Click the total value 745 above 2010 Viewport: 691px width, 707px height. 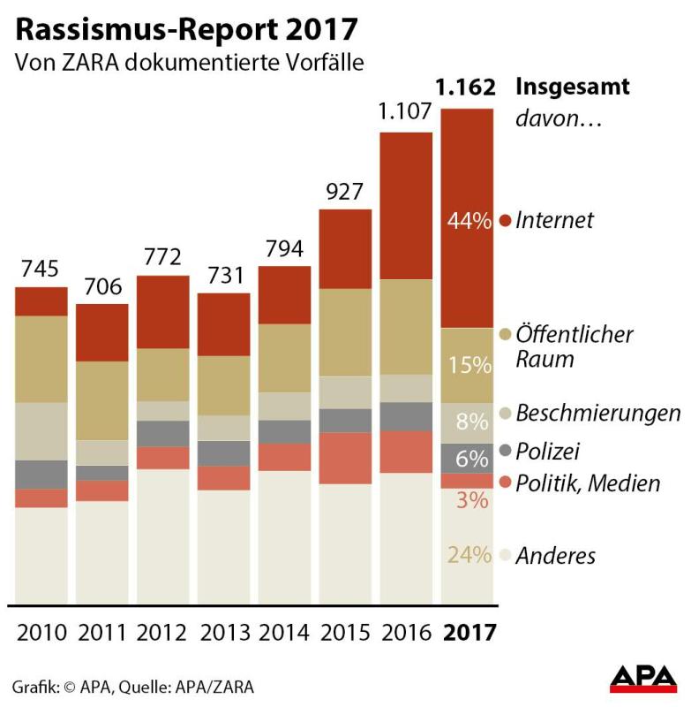pyautogui.click(x=41, y=268)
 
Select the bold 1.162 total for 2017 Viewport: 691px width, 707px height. pyautogui.click(x=469, y=89)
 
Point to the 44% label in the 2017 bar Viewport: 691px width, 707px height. pyautogui.click(x=469, y=221)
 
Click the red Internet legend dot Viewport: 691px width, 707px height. pyautogui.click(x=506, y=221)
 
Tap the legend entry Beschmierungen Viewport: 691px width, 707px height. pyautogui.click(x=597, y=413)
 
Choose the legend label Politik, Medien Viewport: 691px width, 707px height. pyautogui.click(x=588, y=483)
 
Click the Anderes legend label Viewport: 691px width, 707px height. pyautogui.click(x=555, y=556)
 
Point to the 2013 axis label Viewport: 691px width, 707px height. pyautogui.click(x=224, y=633)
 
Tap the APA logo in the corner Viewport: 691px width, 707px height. pyautogui.click(x=643, y=678)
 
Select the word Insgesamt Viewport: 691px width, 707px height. pyautogui.click(x=572, y=87)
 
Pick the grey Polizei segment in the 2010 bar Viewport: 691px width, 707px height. pyautogui.click(x=41, y=475)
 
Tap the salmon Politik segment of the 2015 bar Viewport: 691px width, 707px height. pyautogui.click(x=345, y=458)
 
